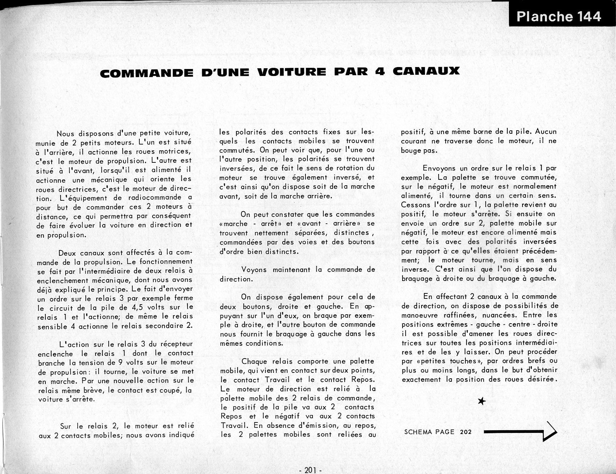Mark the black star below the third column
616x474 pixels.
click(481, 402)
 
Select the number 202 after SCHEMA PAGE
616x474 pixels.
click(465, 432)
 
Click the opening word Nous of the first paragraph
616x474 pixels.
click(65, 133)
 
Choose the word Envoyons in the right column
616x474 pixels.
click(439, 168)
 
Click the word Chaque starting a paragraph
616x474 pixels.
click(254, 362)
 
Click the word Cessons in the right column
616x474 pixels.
click(415, 205)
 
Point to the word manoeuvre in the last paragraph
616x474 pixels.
click(419, 315)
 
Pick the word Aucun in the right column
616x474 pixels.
click(546, 132)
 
